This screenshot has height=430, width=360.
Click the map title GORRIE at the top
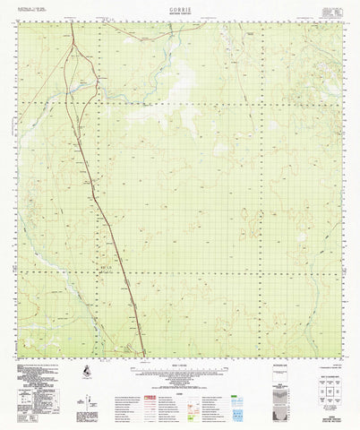pos(180,4)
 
